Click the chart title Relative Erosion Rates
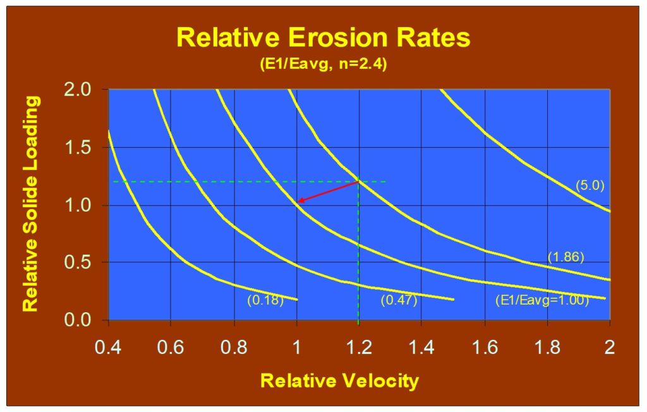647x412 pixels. point(323,37)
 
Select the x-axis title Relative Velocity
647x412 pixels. point(339,381)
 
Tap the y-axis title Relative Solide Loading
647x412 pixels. point(30,203)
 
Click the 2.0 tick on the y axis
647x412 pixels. point(80,90)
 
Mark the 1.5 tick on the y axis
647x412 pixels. point(80,147)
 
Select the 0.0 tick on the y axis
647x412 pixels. point(80,320)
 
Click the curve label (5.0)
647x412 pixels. point(590,185)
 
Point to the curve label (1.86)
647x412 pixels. point(566,257)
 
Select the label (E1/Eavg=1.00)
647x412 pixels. point(541,301)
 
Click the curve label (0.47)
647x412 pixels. point(399,301)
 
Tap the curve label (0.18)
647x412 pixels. point(265,301)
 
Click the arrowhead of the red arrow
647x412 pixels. point(301,202)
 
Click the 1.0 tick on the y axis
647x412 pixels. point(80,205)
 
